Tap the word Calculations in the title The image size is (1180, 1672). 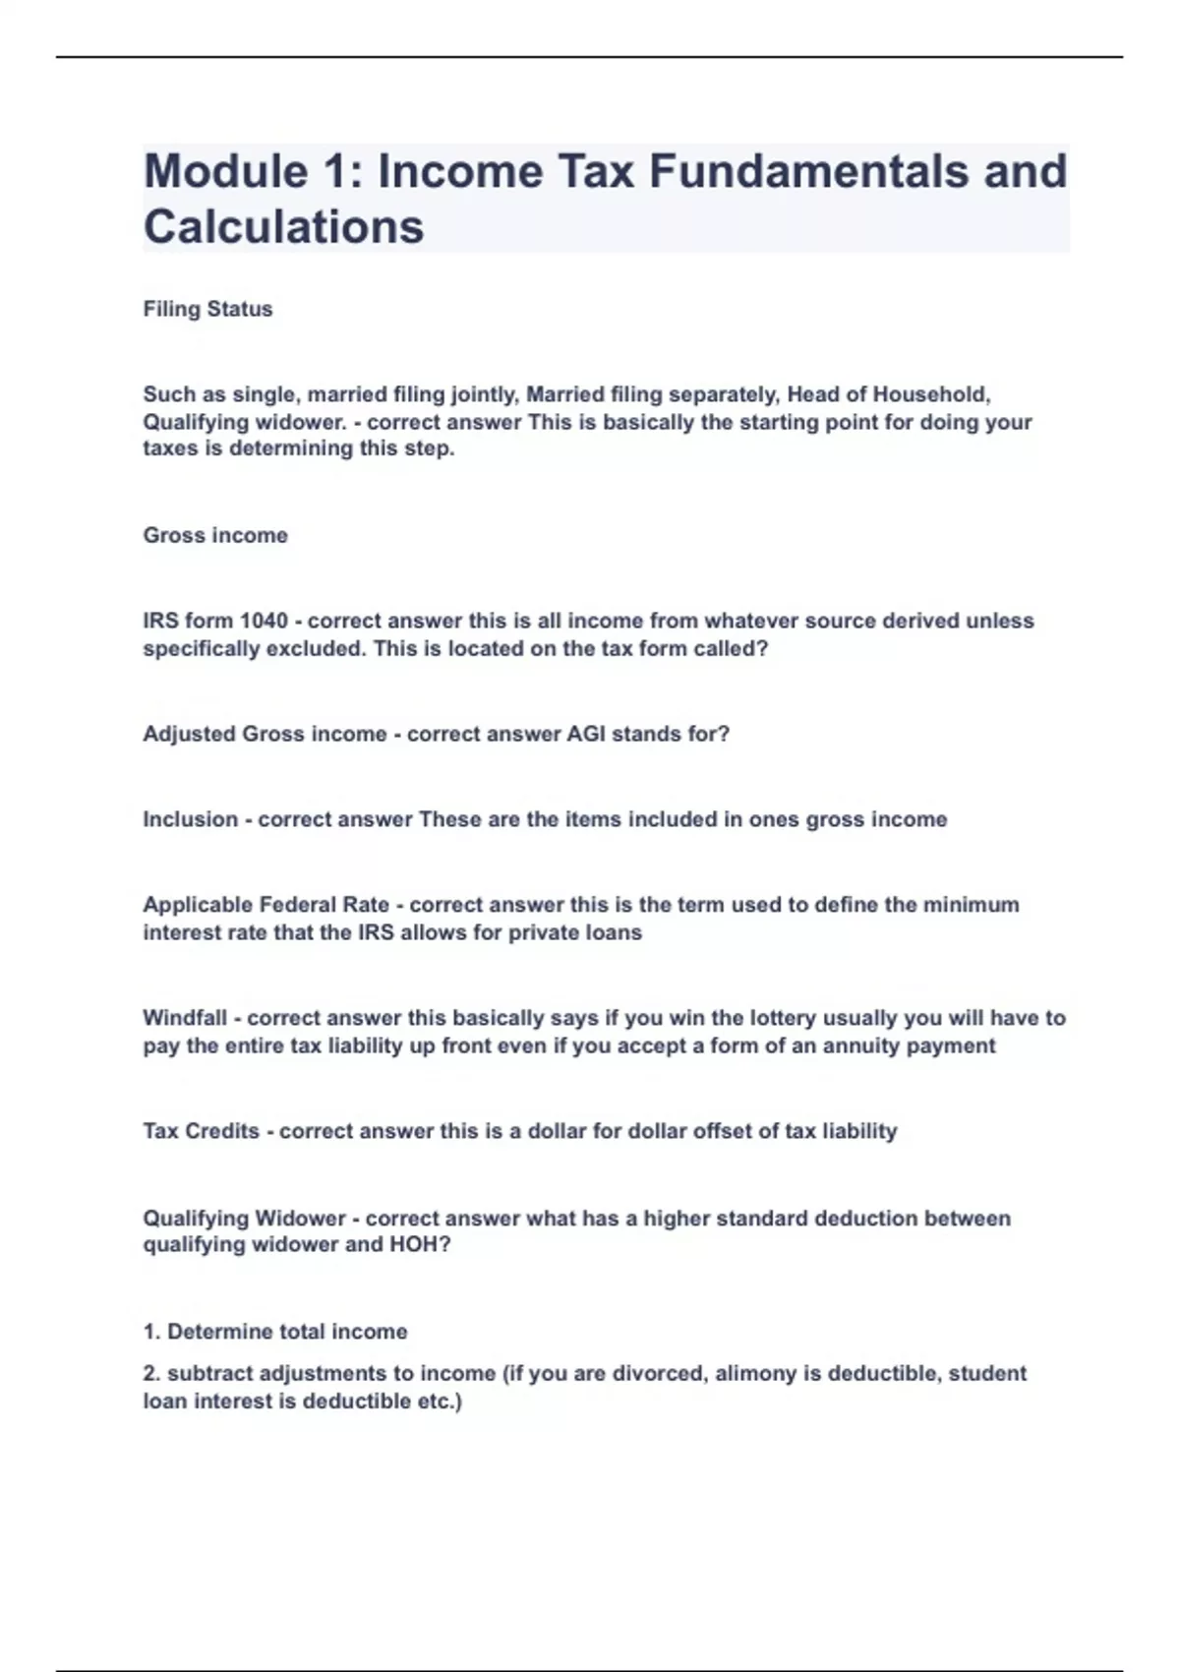283,226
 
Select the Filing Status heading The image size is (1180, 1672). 207,309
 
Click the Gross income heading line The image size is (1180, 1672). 215,535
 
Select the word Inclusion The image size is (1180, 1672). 190,819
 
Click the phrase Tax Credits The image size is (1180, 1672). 201,1131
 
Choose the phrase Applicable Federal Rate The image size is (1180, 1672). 265,905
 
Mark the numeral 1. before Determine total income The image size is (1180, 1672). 151,1332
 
